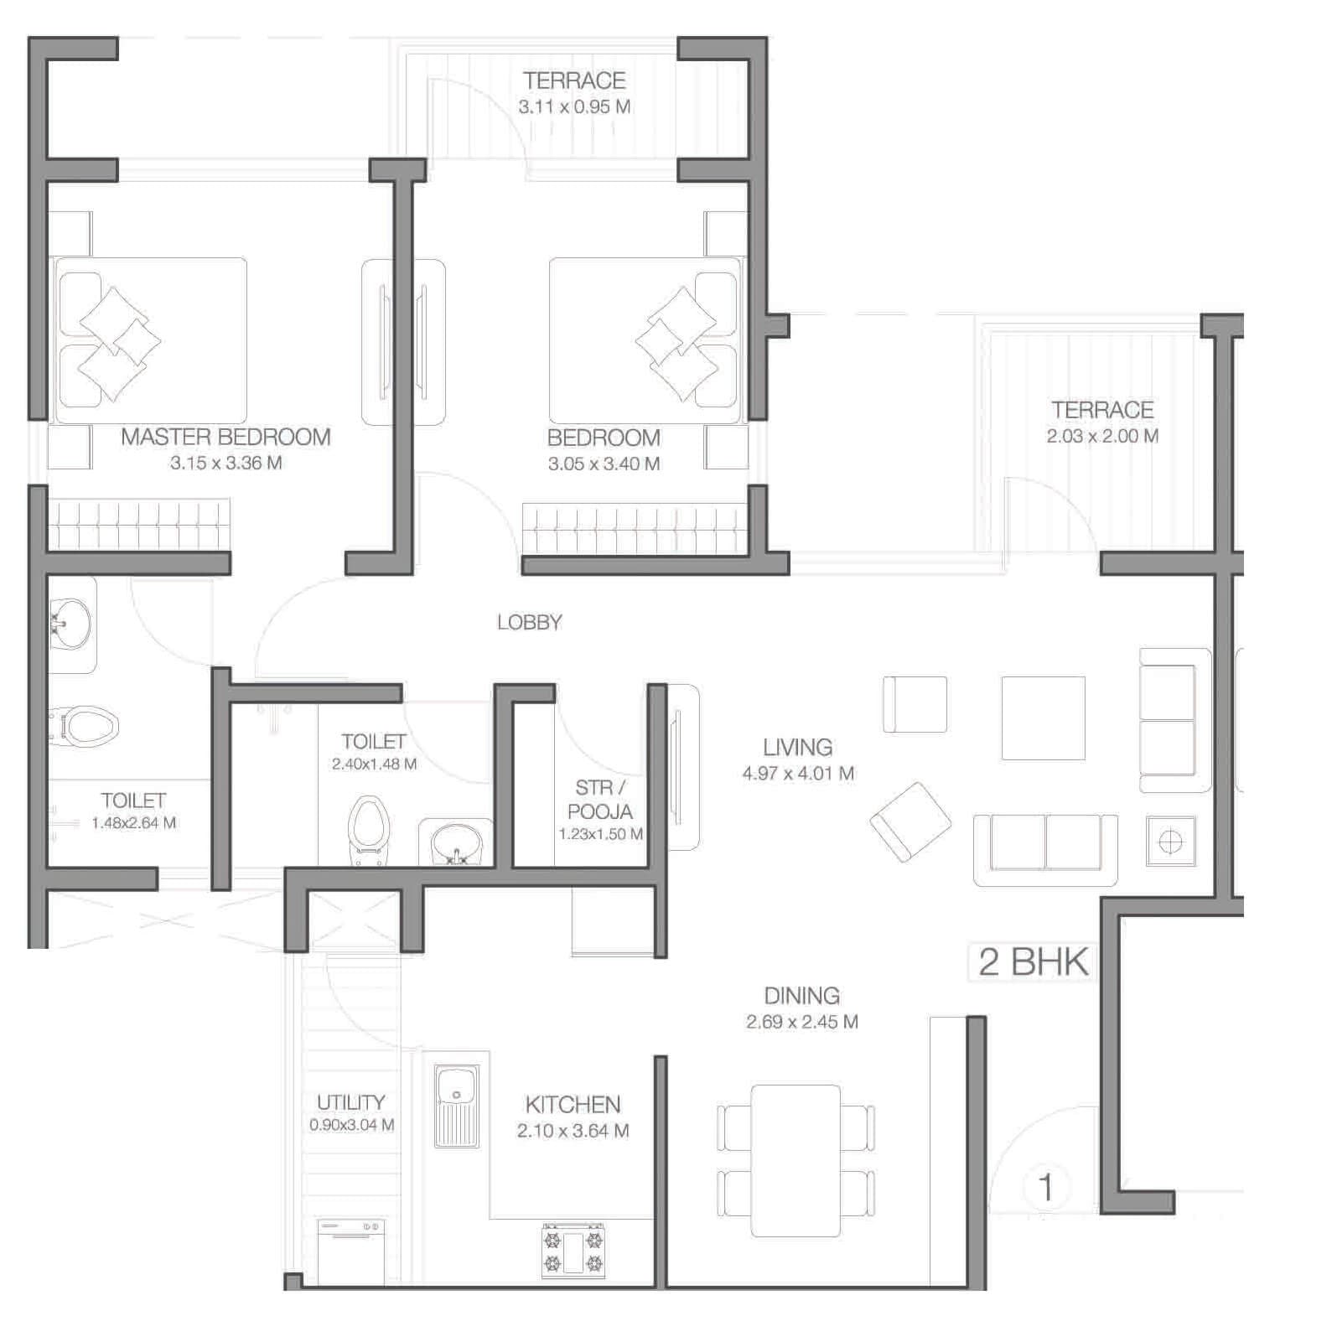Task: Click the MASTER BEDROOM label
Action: (225, 437)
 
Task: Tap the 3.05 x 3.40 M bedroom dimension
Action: (604, 464)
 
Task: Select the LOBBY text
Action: (529, 622)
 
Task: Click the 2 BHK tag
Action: (1034, 961)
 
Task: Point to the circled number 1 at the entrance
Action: (1045, 1187)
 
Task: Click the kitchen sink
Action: (457, 1104)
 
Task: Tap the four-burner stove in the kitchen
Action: (573, 1250)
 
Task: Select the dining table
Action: (796, 1159)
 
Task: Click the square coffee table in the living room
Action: (1043, 718)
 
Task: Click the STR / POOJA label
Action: (600, 800)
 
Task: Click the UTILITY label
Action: (350, 1102)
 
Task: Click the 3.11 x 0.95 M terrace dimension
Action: (574, 106)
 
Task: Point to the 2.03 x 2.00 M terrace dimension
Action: (1102, 436)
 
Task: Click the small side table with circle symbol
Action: (1170, 840)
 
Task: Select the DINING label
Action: (801, 996)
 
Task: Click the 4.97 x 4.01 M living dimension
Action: (797, 773)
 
